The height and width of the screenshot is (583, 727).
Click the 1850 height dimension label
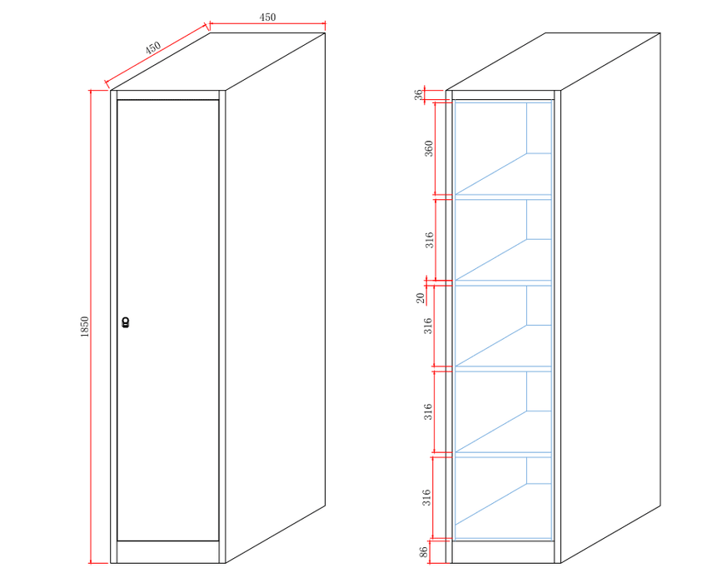click(85, 326)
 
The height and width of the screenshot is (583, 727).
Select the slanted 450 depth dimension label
click(154, 48)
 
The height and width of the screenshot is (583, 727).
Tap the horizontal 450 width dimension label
click(267, 17)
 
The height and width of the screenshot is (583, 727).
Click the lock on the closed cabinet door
click(126, 322)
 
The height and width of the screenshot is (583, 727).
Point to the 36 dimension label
click(419, 96)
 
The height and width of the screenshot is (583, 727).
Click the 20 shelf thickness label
click(421, 297)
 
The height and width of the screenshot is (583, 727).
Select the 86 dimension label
click(423, 551)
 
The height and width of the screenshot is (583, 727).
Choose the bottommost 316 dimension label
click(426, 498)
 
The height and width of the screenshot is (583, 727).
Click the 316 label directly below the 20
click(428, 326)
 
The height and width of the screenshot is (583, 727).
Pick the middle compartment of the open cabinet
click(502, 326)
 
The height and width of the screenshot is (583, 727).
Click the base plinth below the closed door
click(167, 551)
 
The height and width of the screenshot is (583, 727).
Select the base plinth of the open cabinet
click(502, 551)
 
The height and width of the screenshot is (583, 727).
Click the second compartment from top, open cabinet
click(502, 240)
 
